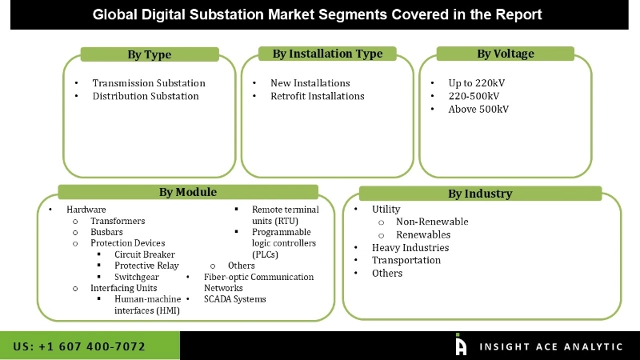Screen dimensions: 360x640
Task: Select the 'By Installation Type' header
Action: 327,54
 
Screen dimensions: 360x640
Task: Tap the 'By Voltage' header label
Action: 505,54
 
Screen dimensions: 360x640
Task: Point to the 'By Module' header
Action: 187,192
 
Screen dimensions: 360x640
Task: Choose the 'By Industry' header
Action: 479,194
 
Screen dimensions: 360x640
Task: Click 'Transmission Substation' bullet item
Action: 149,83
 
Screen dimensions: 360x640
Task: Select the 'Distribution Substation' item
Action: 146,96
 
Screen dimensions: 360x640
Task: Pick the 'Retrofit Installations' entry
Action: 317,96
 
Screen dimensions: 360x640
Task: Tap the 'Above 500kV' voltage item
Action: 478,109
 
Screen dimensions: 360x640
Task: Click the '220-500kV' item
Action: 474,96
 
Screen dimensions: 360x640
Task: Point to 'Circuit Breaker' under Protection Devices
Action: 145,254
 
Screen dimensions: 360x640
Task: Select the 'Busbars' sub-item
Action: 106,232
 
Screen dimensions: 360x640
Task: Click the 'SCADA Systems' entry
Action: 234,299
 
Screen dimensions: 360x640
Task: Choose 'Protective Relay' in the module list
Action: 146,266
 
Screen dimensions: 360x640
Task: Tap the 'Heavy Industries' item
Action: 410,248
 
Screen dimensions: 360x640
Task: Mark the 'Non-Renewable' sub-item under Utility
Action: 432,222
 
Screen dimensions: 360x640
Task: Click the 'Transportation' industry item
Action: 406,261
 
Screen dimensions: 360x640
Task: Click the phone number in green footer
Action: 79,346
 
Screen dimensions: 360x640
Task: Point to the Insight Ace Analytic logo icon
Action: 461,345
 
